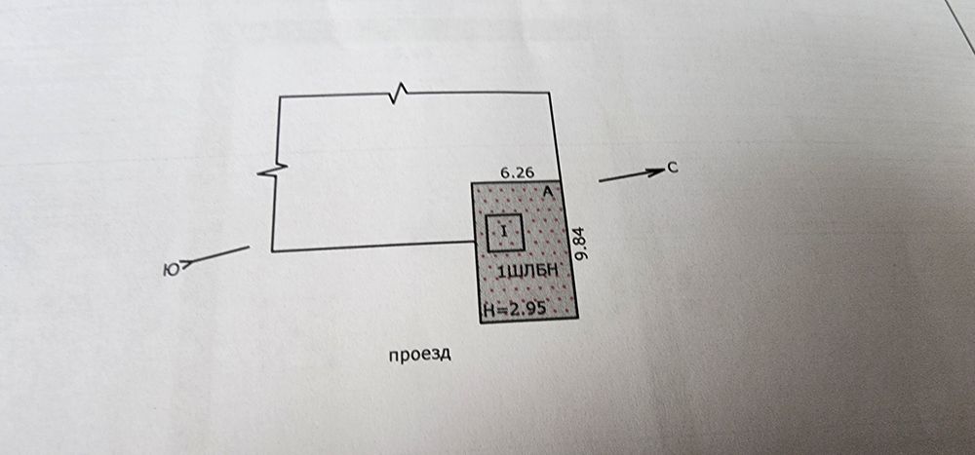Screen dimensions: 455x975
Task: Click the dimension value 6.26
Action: (x=517, y=172)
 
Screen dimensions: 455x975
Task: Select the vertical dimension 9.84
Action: (x=582, y=244)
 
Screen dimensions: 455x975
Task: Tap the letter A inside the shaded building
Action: (x=547, y=193)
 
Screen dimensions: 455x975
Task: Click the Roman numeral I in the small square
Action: (x=504, y=231)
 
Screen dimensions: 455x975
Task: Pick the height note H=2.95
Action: (x=513, y=309)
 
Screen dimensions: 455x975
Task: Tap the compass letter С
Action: (x=673, y=169)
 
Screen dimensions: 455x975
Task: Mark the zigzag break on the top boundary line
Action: (x=398, y=94)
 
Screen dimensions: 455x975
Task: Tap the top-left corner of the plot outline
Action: (x=280, y=96)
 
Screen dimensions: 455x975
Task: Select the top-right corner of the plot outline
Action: (x=550, y=94)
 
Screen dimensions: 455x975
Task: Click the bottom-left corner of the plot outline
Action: (x=272, y=251)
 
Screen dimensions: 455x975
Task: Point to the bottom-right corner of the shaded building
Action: (x=578, y=317)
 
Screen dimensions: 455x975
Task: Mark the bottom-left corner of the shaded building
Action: (x=479, y=322)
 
